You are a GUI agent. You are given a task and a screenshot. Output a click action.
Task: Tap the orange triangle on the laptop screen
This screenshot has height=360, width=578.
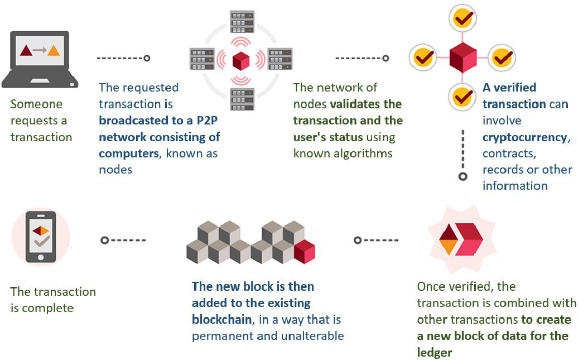tap(53, 51)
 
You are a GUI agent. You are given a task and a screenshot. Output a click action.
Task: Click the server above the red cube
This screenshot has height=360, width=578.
tap(241, 22)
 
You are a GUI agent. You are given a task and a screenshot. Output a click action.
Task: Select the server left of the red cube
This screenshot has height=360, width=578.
tap(202, 58)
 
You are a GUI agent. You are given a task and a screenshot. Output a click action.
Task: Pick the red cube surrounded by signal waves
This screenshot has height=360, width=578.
tap(241, 59)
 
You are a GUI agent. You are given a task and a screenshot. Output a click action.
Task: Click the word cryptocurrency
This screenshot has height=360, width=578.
tap(525, 137)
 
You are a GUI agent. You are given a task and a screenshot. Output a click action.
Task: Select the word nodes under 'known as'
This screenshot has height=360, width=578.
tap(115, 170)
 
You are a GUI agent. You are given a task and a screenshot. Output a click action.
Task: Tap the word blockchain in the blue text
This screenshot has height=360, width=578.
tap(221, 320)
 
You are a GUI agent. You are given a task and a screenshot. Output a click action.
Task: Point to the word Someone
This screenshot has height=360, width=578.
tap(36, 104)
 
